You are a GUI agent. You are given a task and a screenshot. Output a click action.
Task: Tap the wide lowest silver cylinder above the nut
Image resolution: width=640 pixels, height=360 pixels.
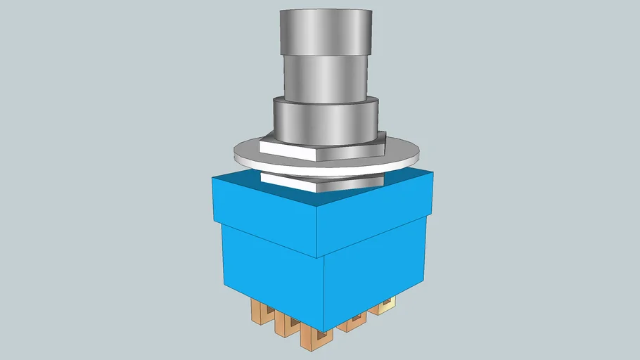pos(325,120)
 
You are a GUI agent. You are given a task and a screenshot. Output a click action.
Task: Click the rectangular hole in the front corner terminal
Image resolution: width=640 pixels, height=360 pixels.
pos(314,340)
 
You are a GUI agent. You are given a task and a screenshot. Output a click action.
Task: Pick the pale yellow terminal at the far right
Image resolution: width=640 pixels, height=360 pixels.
pos(385,305)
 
